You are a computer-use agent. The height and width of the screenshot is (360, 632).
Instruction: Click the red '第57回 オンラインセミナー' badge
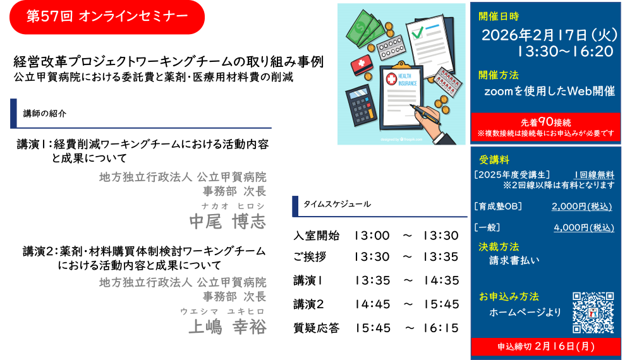[x=107, y=16]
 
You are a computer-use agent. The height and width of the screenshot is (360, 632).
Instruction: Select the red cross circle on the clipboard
[x=391, y=79]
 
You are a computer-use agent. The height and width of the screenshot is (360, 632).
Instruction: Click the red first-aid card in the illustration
[x=361, y=63]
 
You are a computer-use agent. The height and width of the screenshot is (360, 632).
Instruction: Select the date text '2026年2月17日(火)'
[x=549, y=35]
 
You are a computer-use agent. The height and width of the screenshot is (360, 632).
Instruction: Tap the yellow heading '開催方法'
[x=498, y=75]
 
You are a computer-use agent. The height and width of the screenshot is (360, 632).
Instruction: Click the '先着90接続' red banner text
[x=545, y=122]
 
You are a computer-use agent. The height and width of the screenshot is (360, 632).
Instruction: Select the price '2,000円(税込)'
[x=581, y=207]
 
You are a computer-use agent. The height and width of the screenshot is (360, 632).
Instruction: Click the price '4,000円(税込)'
[x=583, y=228]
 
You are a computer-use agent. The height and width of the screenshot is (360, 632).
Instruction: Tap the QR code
[x=593, y=313]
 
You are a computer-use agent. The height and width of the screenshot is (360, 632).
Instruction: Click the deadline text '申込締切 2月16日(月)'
[x=545, y=346]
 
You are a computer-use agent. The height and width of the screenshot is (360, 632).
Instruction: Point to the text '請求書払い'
[x=514, y=260]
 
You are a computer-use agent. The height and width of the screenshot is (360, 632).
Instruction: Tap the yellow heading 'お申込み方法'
[x=509, y=297]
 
